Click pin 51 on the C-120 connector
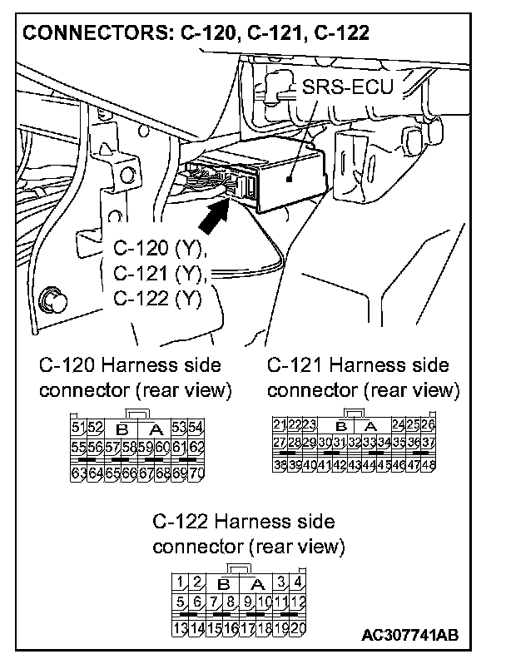click(x=80, y=429)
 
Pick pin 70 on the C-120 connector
click(x=197, y=473)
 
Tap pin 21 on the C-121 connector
click(x=280, y=425)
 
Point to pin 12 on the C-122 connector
click(x=297, y=602)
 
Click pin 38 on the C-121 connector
click(x=280, y=464)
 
